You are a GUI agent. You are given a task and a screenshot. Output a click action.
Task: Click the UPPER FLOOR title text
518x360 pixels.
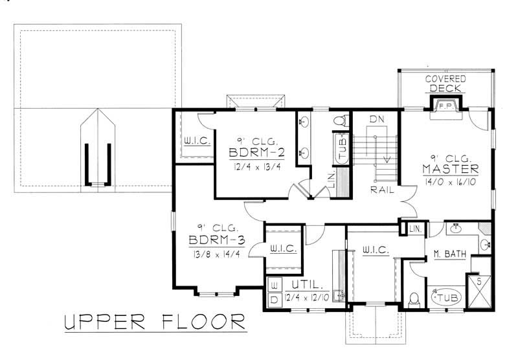pyautogui.click(x=154, y=322)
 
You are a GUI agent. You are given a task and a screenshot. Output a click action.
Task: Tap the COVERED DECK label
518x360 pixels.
pyautogui.click(x=445, y=83)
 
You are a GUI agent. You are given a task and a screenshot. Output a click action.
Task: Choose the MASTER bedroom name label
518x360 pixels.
pyautogui.click(x=451, y=169)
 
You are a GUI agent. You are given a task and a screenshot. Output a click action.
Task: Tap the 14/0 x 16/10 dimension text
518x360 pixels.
pyautogui.click(x=451, y=183)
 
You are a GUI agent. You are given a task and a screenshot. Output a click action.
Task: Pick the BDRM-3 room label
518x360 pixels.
pyautogui.click(x=216, y=241)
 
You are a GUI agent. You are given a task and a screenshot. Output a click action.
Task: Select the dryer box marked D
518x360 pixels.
pyautogui.click(x=272, y=300)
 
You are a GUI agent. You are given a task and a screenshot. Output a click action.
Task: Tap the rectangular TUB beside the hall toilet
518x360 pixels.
pyautogui.click(x=341, y=144)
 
